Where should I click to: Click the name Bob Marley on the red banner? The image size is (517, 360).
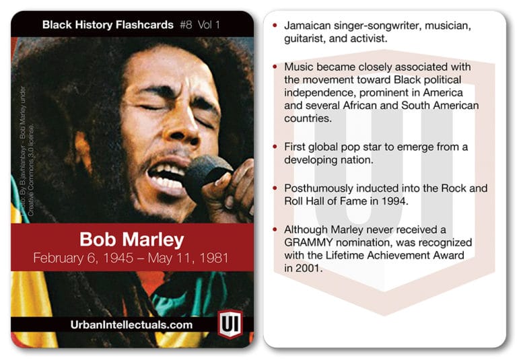pos(131,240)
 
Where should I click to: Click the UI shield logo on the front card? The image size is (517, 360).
pos(230,324)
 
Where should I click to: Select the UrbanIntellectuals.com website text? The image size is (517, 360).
pos(131,324)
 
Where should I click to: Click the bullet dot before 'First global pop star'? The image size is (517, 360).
pos(273,147)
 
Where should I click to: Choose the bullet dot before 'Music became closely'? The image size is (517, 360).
pos(273,67)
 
